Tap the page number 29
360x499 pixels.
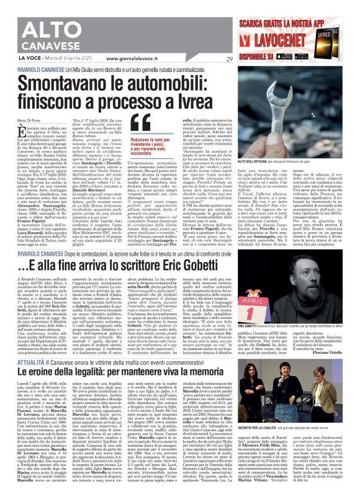tap(229, 58)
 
